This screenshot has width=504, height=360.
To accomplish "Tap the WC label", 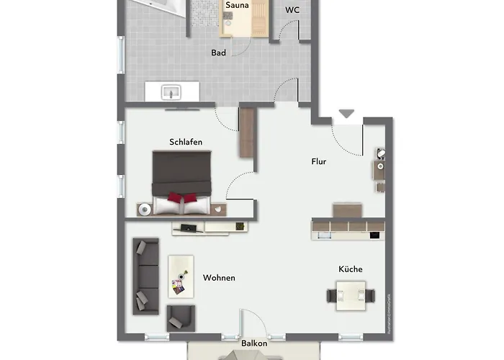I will point(292,10).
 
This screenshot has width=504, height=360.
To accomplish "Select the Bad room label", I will point(219,53).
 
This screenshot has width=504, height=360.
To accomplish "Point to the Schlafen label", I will point(185,142).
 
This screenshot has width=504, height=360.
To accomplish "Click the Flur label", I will point(318,161).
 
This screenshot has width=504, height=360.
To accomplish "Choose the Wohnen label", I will point(219,278).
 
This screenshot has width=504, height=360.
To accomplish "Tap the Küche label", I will point(351,269).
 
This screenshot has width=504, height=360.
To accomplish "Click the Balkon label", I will point(254,343).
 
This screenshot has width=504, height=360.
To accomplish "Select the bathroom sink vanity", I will point(173,91).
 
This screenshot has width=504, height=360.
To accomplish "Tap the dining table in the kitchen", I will point(351,294).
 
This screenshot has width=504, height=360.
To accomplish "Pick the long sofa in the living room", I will point(146,274).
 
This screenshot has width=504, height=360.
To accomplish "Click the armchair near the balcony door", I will point(180,317).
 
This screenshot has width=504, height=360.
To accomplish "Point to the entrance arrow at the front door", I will point(347,114).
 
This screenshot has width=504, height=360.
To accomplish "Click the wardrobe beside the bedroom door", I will point(247,132).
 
